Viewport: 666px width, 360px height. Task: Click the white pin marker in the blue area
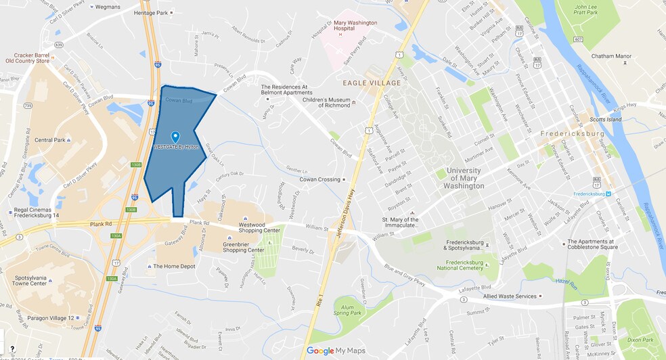(x=175, y=137)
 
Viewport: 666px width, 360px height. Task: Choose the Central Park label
(x=50, y=141)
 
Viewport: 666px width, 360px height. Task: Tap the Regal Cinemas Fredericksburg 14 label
(x=37, y=213)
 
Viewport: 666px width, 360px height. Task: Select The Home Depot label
(x=175, y=266)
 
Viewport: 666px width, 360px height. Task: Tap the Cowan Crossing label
(x=320, y=179)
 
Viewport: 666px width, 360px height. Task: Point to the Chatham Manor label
(x=610, y=56)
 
